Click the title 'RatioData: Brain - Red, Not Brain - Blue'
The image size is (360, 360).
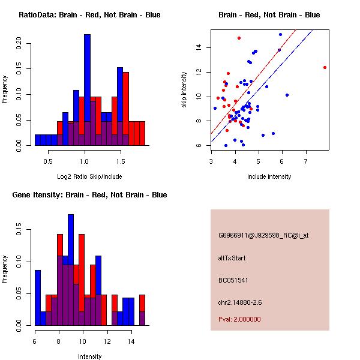[89, 15]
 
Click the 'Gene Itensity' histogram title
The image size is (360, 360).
[89, 195]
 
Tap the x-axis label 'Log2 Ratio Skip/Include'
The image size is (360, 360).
[89, 176]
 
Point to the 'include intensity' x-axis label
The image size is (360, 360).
[269, 176]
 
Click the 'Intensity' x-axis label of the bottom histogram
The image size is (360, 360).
[89, 356]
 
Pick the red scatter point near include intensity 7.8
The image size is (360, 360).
[325, 68]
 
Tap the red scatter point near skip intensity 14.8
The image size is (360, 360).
[239, 38]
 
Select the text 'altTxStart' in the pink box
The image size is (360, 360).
[232, 258]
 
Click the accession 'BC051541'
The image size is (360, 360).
[233, 280]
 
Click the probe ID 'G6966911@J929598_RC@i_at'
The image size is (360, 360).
[263, 236]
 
